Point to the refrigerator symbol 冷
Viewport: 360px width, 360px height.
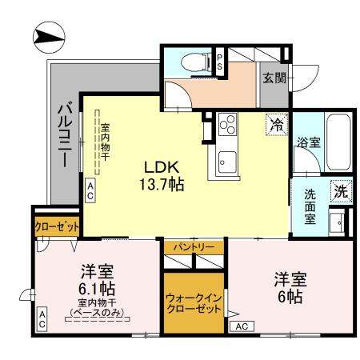(276, 124)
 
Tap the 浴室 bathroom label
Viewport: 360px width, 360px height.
(309, 144)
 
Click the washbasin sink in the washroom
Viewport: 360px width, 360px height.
(338, 221)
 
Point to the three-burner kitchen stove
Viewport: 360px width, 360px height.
(227, 124)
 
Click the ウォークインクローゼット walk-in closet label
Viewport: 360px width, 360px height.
(194, 303)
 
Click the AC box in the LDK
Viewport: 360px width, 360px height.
(90, 190)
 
